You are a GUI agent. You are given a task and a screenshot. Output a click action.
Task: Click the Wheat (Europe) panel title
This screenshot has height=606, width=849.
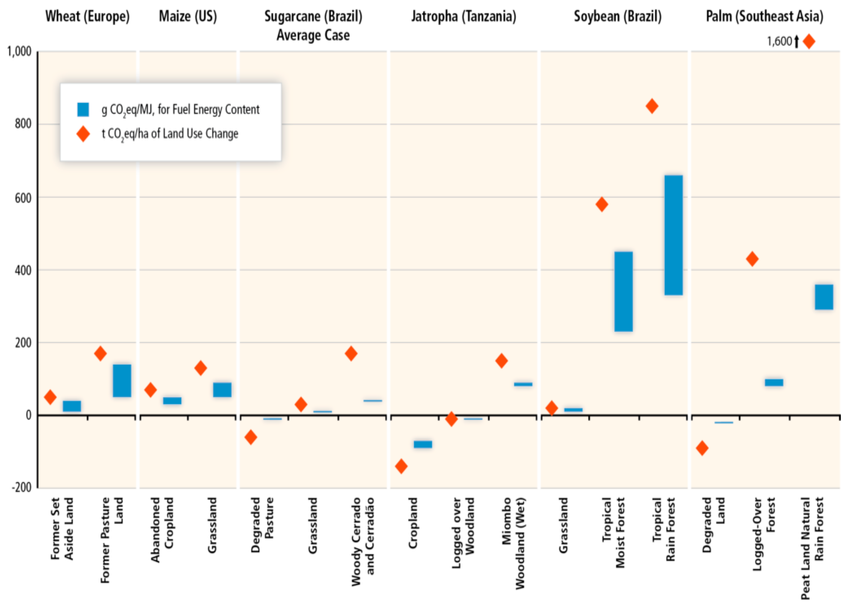[88, 16]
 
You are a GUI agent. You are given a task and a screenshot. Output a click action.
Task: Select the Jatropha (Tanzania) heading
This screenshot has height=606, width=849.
[464, 16]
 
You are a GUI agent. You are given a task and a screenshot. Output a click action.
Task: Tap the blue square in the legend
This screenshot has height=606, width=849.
[83, 109]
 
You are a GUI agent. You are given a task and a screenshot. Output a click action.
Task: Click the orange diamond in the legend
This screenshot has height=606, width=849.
[83, 134]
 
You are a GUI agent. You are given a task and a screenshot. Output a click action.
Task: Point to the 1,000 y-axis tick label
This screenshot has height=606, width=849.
[19, 51]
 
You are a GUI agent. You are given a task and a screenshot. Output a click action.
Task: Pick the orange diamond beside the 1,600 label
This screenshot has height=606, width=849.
[809, 41]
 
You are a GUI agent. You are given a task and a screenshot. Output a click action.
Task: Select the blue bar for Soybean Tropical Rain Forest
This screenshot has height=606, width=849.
[674, 235]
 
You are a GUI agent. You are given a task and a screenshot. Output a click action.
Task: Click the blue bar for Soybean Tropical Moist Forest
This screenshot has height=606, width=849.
[624, 291]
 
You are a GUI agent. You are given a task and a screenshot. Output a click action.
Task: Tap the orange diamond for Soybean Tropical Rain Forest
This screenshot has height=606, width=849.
[652, 106]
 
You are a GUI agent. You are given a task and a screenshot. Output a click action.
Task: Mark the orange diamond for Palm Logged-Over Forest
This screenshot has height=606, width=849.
[752, 259]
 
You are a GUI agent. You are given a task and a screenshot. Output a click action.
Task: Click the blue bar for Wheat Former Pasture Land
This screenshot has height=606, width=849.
[122, 381]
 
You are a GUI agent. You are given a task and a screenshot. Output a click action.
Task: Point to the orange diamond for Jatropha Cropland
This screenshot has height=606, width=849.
[401, 466]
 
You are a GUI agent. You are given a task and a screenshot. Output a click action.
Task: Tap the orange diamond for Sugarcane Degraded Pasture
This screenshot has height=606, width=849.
[251, 437]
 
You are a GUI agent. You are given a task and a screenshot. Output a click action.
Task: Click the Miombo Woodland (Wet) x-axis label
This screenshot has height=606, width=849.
[513, 543]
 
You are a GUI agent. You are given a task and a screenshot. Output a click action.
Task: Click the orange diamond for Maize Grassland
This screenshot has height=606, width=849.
[200, 368]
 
